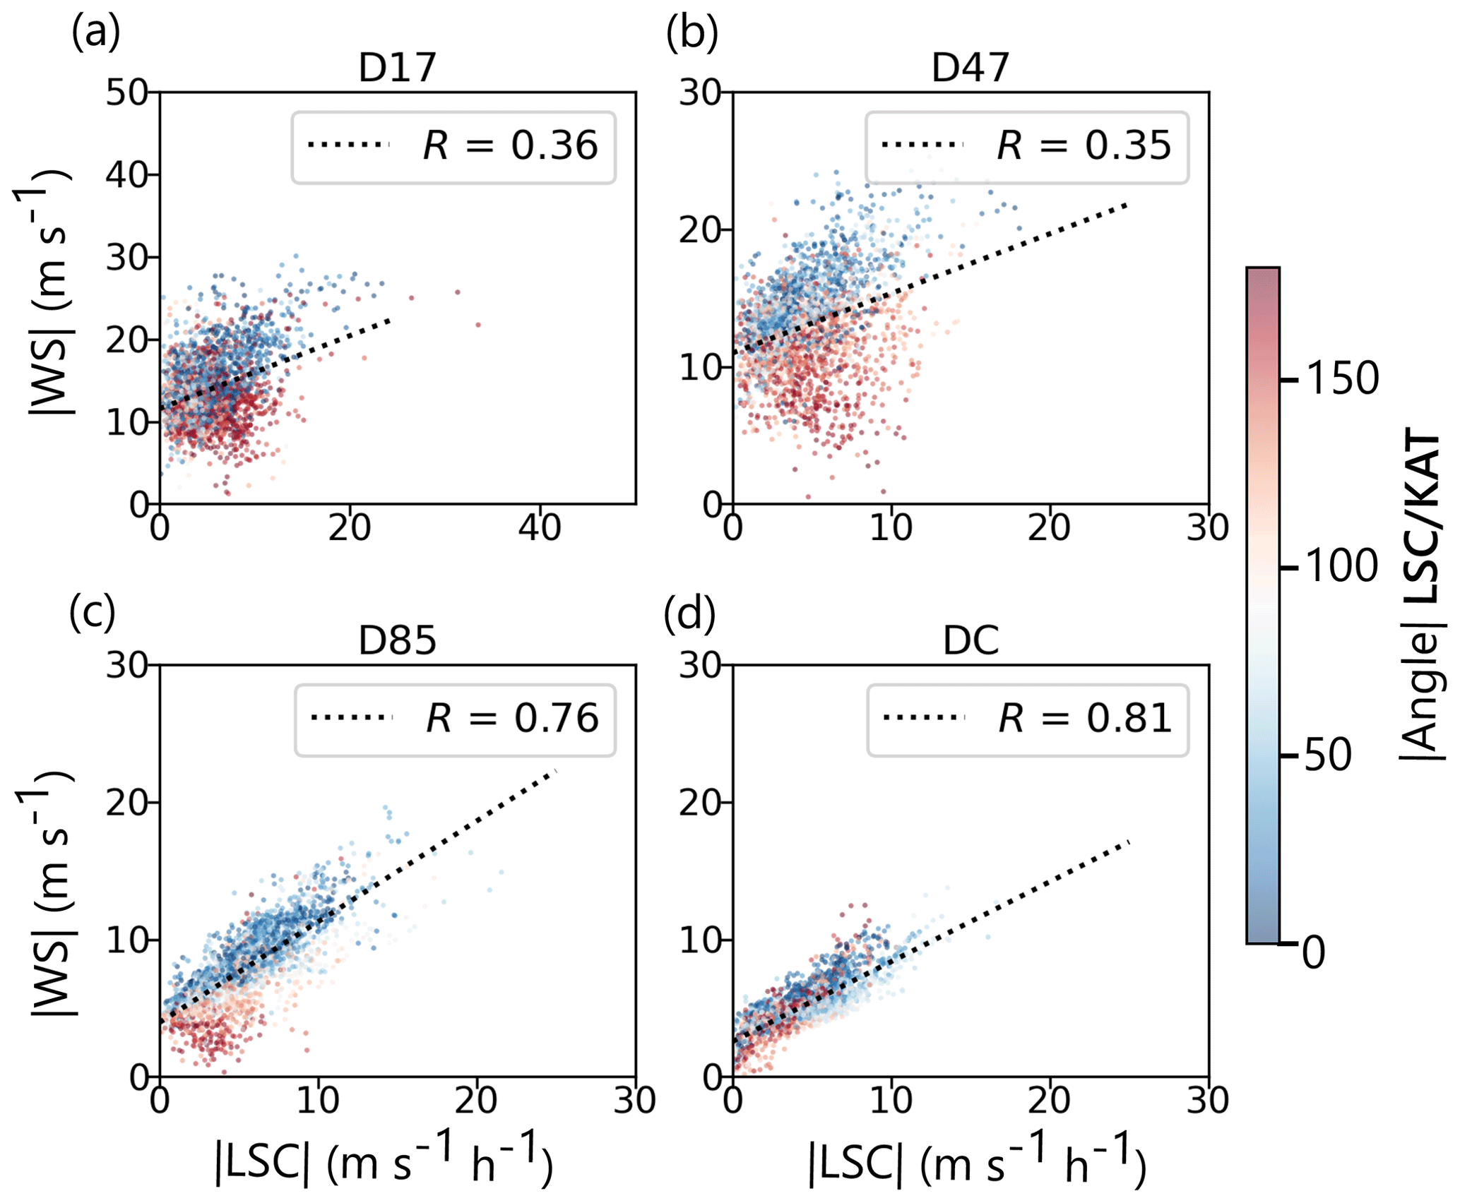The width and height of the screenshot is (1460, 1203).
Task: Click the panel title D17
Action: (398, 68)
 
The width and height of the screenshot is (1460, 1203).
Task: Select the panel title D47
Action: (971, 68)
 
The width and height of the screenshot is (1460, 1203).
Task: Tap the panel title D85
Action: (398, 640)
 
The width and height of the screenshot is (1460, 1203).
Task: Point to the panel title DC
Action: (971, 640)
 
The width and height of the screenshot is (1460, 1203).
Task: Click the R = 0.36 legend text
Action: (510, 145)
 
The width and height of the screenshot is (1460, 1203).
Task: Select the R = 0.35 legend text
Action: (1084, 145)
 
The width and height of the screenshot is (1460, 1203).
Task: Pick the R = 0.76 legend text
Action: (512, 718)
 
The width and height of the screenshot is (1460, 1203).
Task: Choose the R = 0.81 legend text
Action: (1085, 718)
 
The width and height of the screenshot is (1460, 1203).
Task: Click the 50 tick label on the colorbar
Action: (1328, 755)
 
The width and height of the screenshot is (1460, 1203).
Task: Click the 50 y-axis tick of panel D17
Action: (127, 92)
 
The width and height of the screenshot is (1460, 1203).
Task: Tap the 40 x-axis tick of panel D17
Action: (540, 527)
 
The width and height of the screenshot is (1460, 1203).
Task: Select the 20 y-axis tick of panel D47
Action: (700, 230)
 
